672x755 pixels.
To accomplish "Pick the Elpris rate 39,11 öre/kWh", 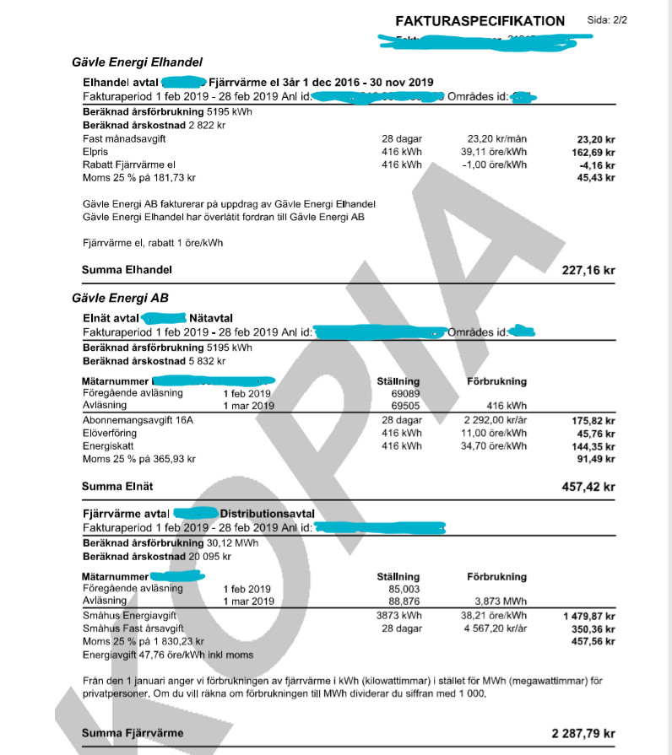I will point(496,152).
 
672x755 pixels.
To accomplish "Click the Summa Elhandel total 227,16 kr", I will point(588,271).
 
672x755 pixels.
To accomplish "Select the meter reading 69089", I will point(398,394).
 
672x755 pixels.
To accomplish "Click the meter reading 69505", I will point(398,406).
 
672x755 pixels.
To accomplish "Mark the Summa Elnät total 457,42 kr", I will point(588,487).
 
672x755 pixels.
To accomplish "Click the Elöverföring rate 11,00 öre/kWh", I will point(496,433).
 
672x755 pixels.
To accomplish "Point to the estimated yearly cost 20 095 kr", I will point(198,557).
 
